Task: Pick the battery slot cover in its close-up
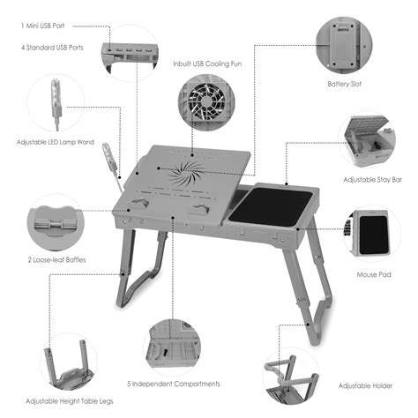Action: pyautogui.click(x=340, y=39)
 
